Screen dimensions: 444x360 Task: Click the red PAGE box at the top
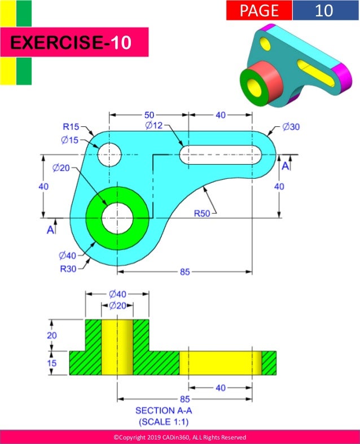tap(259, 10)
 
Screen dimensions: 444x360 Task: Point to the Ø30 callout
tap(291, 127)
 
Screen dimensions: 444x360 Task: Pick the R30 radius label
tap(69, 268)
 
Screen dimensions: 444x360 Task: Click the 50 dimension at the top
tap(149, 115)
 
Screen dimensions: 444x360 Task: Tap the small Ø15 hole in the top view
tap(109, 154)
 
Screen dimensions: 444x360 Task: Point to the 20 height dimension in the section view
tap(51, 335)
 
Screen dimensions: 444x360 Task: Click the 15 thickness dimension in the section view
tap(51, 363)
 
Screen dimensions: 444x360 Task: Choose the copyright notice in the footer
tap(179, 437)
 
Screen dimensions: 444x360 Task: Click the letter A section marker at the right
tap(286, 166)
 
